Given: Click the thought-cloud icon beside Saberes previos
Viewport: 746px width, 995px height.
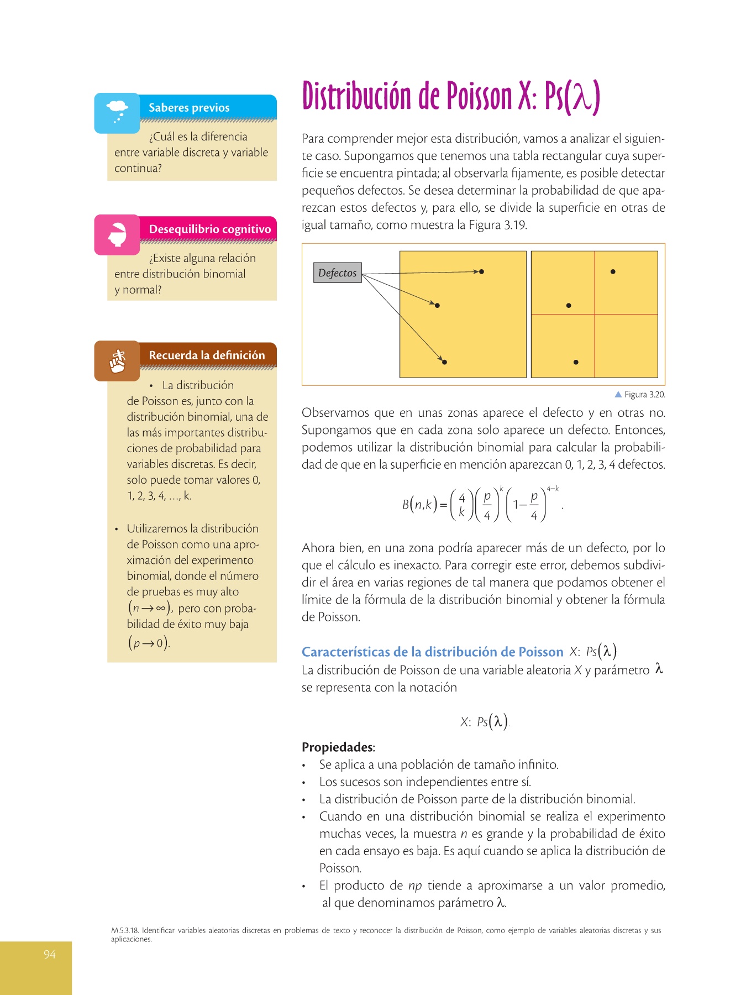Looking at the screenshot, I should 117,111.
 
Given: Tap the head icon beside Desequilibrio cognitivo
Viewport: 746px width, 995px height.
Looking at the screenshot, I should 117,234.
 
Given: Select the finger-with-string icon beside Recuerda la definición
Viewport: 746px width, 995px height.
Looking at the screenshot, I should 117,361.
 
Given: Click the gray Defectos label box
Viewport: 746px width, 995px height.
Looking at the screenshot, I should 337,273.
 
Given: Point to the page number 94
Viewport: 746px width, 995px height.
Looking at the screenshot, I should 50,954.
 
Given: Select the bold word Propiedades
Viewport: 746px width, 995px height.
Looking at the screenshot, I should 338,747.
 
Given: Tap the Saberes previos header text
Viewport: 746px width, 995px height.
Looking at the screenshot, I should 189,108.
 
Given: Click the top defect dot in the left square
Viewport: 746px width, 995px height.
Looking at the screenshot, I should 481,271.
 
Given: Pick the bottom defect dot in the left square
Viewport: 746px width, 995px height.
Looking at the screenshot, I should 444,362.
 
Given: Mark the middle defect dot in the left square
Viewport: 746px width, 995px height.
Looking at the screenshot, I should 437,305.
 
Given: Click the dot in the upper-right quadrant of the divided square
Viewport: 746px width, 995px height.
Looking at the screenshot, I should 613,271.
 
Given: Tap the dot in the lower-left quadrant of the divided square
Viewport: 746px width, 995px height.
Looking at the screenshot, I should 576,362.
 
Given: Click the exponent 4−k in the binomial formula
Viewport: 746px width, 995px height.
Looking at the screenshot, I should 553,489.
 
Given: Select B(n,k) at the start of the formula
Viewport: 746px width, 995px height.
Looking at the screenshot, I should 419,504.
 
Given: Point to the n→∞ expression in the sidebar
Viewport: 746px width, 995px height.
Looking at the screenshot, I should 150,609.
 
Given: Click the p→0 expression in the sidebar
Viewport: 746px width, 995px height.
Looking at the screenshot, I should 149,643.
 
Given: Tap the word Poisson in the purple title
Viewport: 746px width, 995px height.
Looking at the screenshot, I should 479,96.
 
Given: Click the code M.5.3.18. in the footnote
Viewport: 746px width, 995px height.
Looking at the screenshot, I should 125,930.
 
